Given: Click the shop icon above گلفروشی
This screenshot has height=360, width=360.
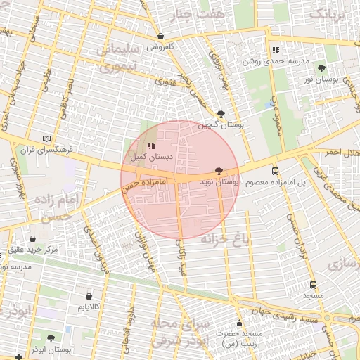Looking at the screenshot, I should pyautogui.click(x=161, y=37).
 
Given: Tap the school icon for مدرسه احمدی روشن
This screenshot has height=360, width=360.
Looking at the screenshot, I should pyautogui.click(x=276, y=50).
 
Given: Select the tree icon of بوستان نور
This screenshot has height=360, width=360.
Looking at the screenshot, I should pyautogui.click(x=322, y=68).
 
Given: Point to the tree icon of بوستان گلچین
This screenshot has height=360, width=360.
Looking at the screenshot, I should pyautogui.click(x=221, y=113).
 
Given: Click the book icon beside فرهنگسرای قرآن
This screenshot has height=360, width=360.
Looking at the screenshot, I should pyautogui.click(x=46, y=139).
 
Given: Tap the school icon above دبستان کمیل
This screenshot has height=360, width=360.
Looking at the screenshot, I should pyautogui.click(x=151, y=146).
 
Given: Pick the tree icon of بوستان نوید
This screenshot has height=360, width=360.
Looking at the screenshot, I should pyautogui.click(x=219, y=171).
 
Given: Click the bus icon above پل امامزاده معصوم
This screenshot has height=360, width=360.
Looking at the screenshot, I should pyautogui.click(x=275, y=171).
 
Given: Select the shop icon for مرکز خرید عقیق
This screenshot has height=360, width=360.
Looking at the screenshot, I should pyautogui.click(x=34, y=239).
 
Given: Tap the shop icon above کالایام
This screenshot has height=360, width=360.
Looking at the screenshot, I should pyautogui.click(x=89, y=296).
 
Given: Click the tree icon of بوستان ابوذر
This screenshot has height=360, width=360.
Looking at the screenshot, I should pyautogui.click(x=50, y=338).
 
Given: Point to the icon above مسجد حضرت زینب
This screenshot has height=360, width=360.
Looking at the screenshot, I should pyautogui.click(x=239, y=323).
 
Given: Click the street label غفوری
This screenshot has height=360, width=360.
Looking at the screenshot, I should pyautogui.click(x=165, y=82).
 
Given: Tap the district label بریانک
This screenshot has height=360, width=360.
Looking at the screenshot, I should pyautogui.click(x=328, y=13).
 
